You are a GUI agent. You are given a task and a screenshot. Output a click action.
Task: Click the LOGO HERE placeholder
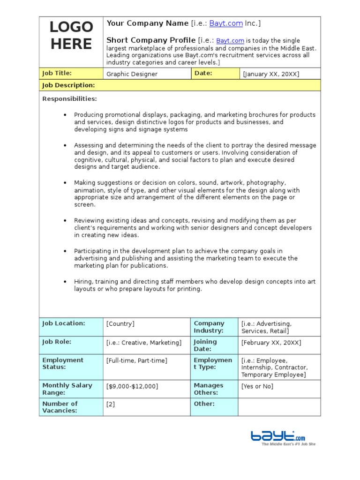[x=71, y=36]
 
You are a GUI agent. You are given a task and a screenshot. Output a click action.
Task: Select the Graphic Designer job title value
[x=132, y=74]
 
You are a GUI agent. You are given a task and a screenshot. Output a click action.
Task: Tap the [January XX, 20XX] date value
[x=270, y=74]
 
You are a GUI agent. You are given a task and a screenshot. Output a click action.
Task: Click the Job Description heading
[x=68, y=85]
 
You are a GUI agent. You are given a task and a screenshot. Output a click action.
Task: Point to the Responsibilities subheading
[x=69, y=99]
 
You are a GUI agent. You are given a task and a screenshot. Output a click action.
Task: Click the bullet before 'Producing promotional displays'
[x=65, y=115]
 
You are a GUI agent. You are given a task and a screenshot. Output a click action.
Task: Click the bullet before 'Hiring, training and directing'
[x=65, y=282]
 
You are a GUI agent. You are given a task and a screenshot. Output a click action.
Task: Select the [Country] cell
[x=120, y=324]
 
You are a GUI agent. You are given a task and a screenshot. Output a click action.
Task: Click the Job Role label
[x=57, y=342]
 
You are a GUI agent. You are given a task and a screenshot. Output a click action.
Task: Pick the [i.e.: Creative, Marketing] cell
[x=143, y=343]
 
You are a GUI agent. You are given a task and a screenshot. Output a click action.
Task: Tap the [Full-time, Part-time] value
[x=136, y=360]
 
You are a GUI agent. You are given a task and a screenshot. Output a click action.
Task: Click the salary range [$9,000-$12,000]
[x=132, y=386]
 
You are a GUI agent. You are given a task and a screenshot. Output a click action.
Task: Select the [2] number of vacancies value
[x=111, y=404]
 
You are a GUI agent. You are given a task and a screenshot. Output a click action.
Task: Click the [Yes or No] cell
[x=257, y=386]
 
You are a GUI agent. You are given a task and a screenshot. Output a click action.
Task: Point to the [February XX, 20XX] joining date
[x=271, y=343]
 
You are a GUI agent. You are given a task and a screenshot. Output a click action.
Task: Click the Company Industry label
[x=209, y=327]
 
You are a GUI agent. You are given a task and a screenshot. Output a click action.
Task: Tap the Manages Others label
[x=209, y=389]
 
